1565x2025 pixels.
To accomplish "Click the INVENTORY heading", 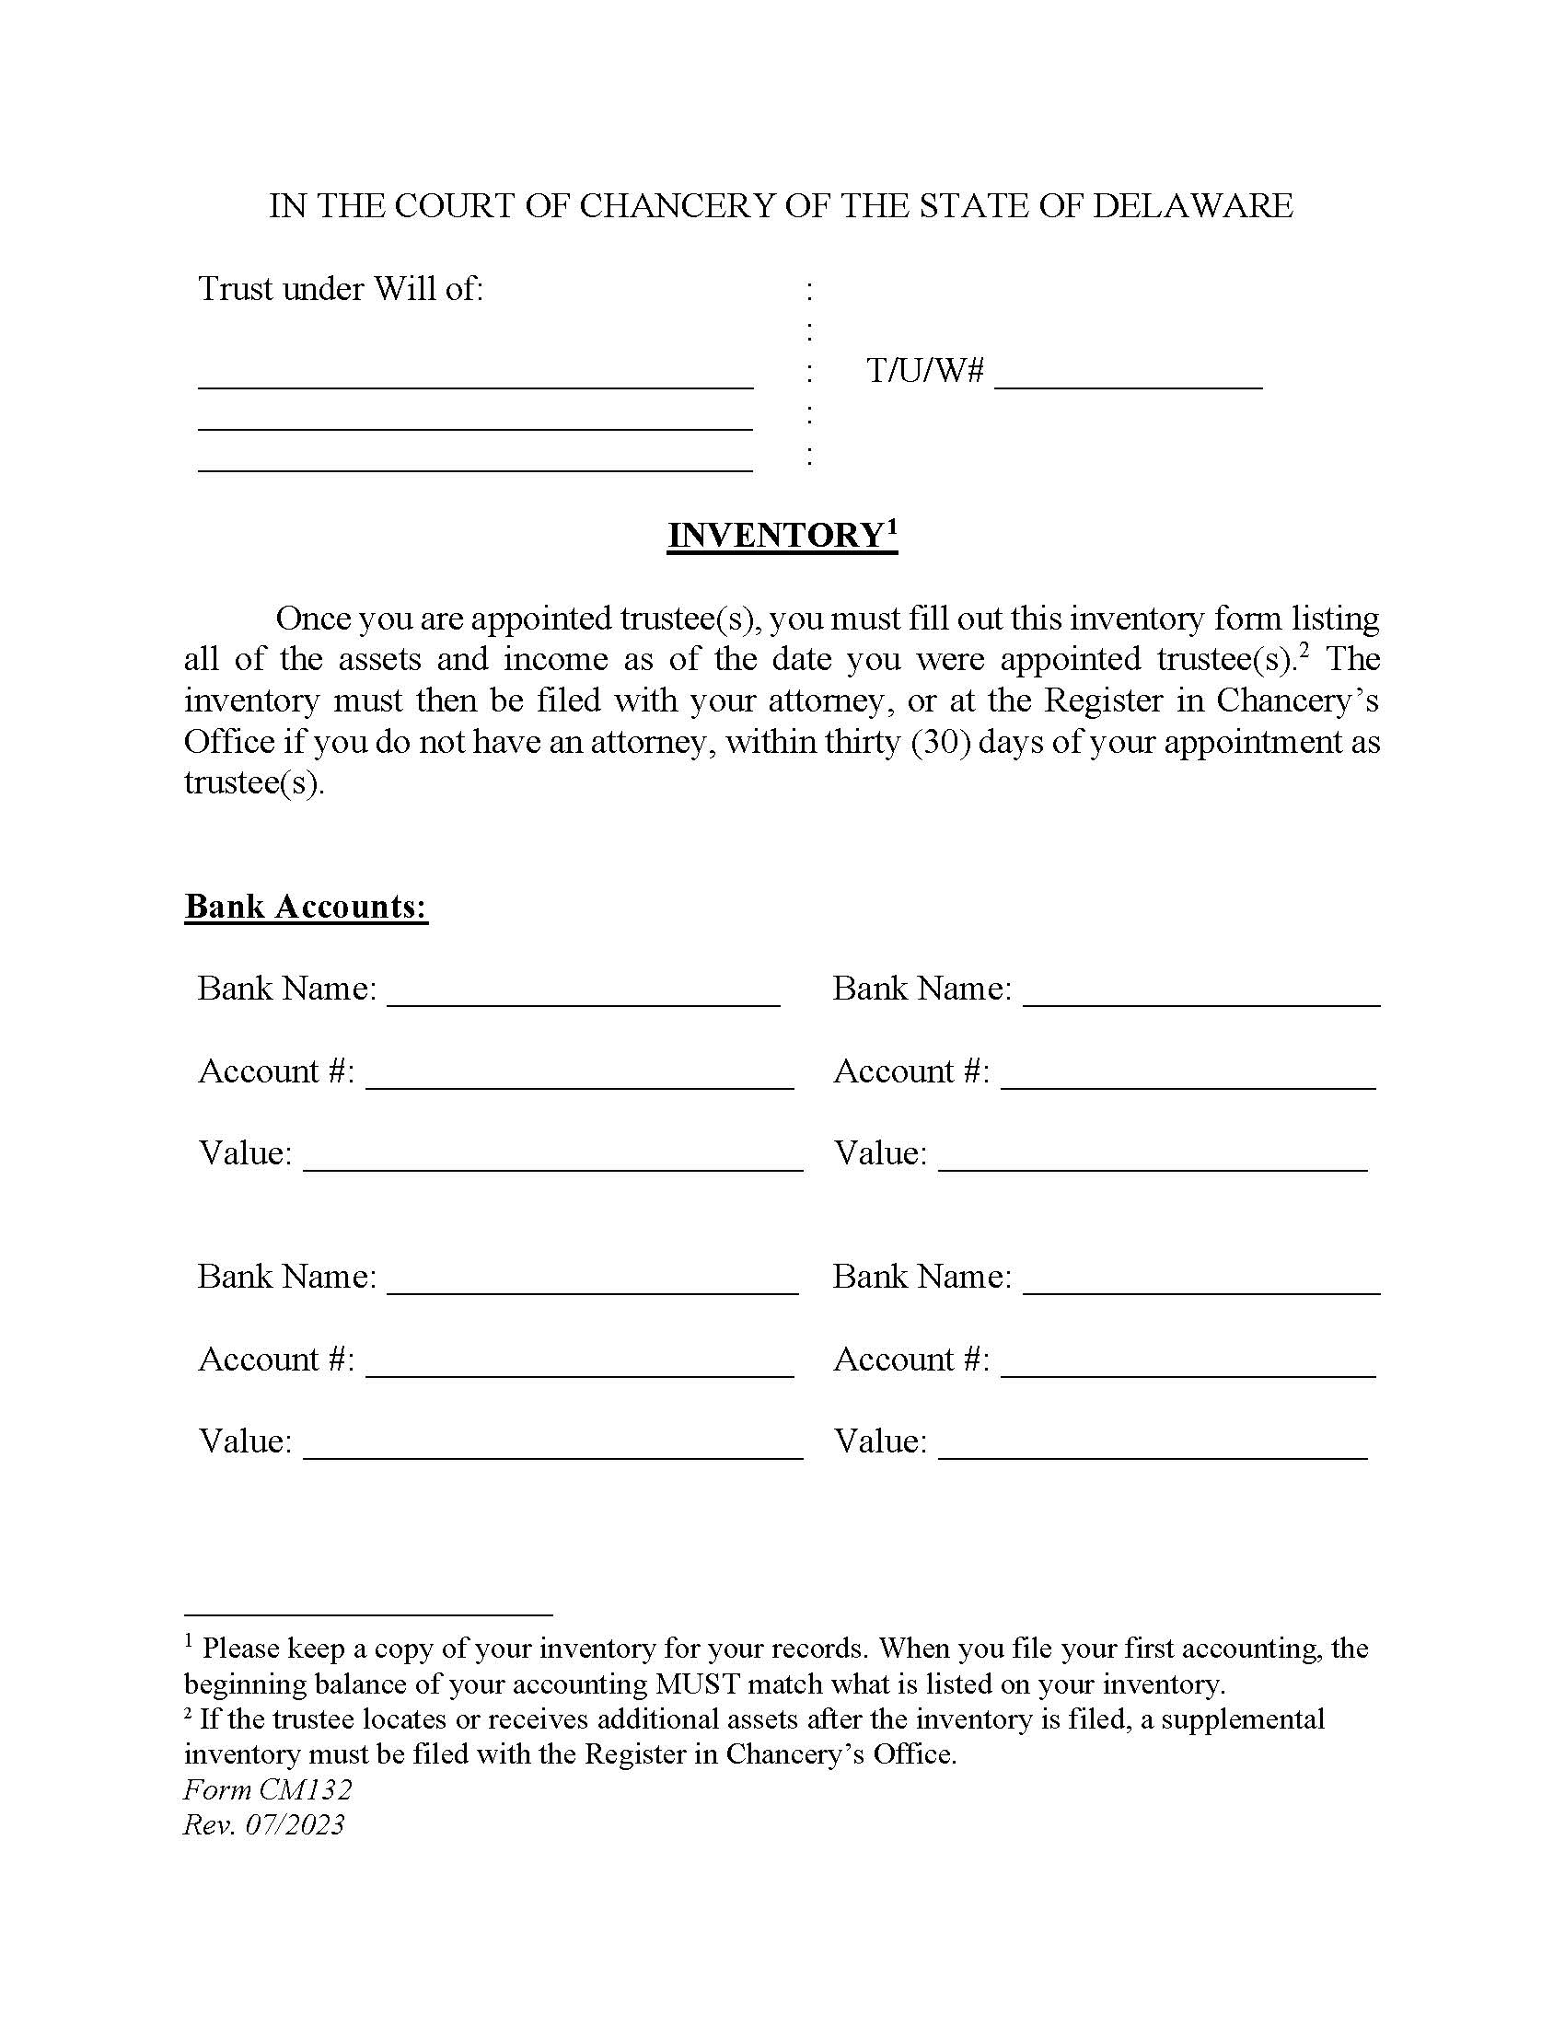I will coord(775,536).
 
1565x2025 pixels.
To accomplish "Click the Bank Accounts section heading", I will coord(306,906).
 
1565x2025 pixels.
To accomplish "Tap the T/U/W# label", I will coord(924,371).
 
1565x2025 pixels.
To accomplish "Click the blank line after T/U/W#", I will coord(1128,380).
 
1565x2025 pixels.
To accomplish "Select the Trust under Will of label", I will coord(341,289).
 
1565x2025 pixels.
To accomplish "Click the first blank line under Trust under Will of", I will coord(475,380).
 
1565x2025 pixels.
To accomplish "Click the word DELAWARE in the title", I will coord(1192,206).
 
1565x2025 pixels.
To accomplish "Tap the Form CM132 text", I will coord(268,1789).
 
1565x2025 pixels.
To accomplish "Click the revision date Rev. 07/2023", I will coord(264,1824).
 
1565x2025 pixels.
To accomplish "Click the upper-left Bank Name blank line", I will coord(583,998).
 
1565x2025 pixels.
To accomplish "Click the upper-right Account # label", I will coord(911,1071).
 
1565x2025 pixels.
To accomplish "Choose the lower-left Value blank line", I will coord(552,1450).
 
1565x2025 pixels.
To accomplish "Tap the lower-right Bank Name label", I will coord(922,1277).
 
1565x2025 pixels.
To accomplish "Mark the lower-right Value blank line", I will coord(1153,1450).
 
